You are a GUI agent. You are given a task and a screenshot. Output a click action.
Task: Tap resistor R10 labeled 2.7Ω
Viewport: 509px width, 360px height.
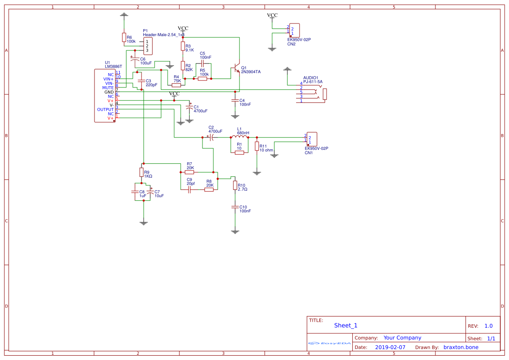click(x=235, y=185)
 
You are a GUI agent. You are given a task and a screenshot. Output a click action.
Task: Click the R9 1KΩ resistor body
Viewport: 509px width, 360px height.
click(x=141, y=172)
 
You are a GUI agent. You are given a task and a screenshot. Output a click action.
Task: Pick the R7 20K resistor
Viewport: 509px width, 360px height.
click(x=189, y=172)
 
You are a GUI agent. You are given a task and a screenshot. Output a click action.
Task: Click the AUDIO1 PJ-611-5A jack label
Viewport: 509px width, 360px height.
click(x=313, y=81)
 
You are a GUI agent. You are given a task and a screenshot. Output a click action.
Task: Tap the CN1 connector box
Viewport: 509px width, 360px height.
click(x=311, y=139)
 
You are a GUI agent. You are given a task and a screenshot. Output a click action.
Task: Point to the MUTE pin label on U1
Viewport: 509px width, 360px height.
click(x=108, y=88)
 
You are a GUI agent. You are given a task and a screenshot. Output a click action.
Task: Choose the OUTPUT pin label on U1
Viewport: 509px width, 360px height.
click(x=105, y=110)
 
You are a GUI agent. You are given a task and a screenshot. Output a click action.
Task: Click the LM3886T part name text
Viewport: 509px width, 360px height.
click(x=113, y=67)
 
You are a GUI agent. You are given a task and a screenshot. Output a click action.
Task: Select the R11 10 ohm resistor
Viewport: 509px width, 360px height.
click(x=257, y=146)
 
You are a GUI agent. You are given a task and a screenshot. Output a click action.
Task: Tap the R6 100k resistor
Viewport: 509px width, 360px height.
click(x=124, y=37)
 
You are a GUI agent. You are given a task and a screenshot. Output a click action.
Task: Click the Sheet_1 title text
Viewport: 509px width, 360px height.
click(x=346, y=325)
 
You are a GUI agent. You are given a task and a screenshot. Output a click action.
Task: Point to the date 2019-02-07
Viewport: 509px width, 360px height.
click(x=390, y=347)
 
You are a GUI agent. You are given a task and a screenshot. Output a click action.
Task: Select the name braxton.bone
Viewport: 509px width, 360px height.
click(x=461, y=347)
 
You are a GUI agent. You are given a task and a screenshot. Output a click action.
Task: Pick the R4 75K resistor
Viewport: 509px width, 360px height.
click(x=176, y=85)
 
